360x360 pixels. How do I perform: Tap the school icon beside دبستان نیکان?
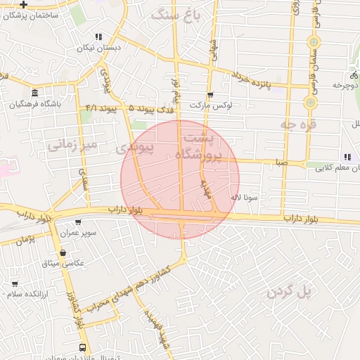pos(98,37)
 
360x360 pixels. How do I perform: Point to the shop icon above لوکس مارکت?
pos(210,95)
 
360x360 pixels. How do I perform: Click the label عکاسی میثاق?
pos(63,262)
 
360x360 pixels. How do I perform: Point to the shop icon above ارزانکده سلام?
pos(15,283)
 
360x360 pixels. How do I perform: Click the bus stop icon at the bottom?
pos(84,347)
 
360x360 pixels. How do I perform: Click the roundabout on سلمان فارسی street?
pos(309,103)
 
